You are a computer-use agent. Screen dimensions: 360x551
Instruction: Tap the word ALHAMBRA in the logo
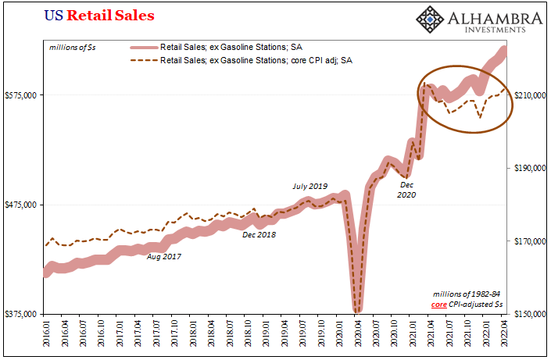point(500,19)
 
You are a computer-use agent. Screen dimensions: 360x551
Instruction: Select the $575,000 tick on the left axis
point(21,95)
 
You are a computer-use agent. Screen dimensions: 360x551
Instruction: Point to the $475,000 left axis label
point(21,205)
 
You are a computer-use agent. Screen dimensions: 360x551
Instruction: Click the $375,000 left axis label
point(21,314)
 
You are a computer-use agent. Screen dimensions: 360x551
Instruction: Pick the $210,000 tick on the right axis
point(529,95)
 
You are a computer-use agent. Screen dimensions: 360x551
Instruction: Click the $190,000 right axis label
point(529,168)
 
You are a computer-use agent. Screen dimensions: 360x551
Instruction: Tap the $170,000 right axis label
point(529,241)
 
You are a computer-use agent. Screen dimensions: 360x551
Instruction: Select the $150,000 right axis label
point(529,314)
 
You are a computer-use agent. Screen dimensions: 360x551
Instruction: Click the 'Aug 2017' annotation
point(164,256)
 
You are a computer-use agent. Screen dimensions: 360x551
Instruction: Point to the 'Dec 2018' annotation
point(259,234)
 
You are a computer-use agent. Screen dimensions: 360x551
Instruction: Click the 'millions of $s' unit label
point(73,47)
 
